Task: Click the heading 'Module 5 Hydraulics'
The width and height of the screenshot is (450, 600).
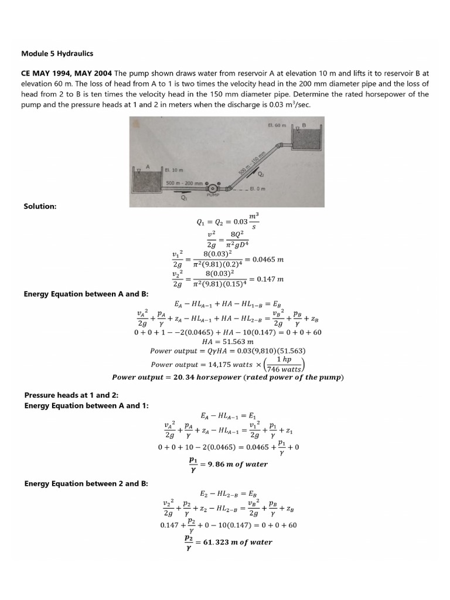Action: (x=57, y=53)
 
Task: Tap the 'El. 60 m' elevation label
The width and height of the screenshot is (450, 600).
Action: (x=276, y=125)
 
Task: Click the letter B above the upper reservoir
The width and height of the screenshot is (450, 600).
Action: (x=304, y=125)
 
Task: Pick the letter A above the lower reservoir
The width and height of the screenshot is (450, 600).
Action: (x=148, y=166)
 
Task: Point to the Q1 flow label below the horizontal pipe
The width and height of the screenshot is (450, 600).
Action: (x=184, y=197)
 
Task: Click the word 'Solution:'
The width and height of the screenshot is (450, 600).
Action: (x=40, y=206)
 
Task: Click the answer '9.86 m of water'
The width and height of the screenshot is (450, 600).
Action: (x=238, y=464)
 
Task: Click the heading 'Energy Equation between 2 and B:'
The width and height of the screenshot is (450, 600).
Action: (x=86, y=483)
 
